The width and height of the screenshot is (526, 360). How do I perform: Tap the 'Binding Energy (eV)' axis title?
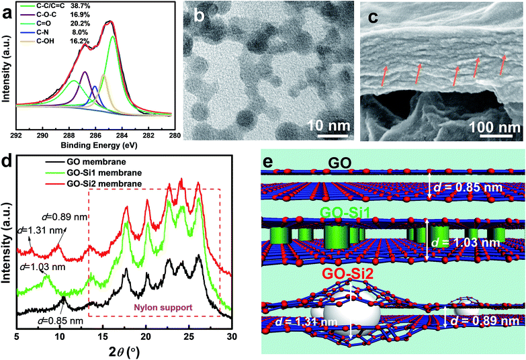[x=98, y=126]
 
